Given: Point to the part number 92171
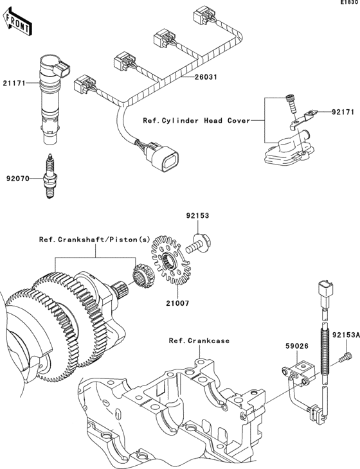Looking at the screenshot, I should [343, 112].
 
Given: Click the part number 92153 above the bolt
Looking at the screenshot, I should [199, 217].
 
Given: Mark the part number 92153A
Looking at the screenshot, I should [344, 335].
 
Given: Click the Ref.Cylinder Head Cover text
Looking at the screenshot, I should [195, 120].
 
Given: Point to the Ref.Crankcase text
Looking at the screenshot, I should [199, 341].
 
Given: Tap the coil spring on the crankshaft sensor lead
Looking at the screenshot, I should [325, 348].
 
